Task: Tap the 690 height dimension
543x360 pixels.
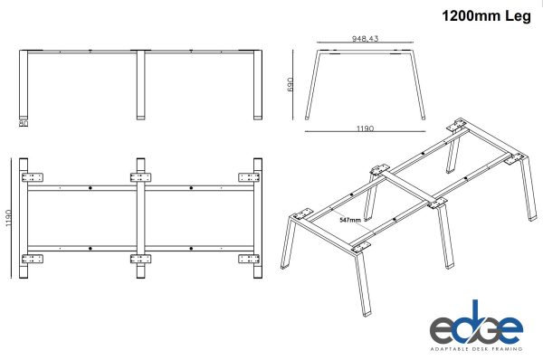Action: [x=291, y=84]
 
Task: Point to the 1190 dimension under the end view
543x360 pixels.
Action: [x=365, y=129]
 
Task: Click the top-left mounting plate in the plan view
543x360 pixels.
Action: [x=33, y=176]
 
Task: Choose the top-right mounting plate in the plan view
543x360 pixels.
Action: [x=250, y=176]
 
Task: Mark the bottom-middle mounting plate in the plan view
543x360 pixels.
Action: [x=142, y=260]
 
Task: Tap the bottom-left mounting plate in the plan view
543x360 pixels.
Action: [x=33, y=260]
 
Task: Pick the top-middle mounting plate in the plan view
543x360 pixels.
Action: [x=142, y=176]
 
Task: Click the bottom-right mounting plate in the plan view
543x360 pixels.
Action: [x=250, y=260]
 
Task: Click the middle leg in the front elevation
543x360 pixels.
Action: [x=142, y=86]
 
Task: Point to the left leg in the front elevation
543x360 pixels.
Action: [x=24, y=86]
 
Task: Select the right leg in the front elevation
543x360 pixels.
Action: [x=258, y=86]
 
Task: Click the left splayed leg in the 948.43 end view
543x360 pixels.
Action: [x=313, y=86]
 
